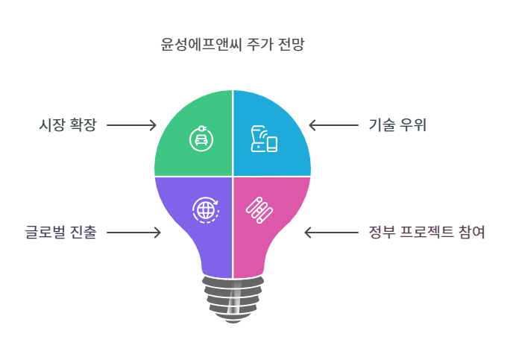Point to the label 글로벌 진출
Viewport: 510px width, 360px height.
(x=60, y=233)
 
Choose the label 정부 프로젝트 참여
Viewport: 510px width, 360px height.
(x=427, y=233)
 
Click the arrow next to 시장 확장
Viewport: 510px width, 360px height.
(x=131, y=125)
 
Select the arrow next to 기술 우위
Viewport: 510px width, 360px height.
(x=333, y=125)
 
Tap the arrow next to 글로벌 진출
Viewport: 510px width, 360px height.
(x=133, y=233)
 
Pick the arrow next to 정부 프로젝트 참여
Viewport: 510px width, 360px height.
(x=331, y=233)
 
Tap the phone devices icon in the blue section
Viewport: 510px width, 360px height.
(x=263, y=139)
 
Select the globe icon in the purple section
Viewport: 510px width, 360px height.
(x=205, y=209)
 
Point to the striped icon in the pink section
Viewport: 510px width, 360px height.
(x=259, y=209)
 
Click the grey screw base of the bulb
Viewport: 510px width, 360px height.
(x=233, y=297)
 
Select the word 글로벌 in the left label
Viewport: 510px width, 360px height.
(x=48, y=233)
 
